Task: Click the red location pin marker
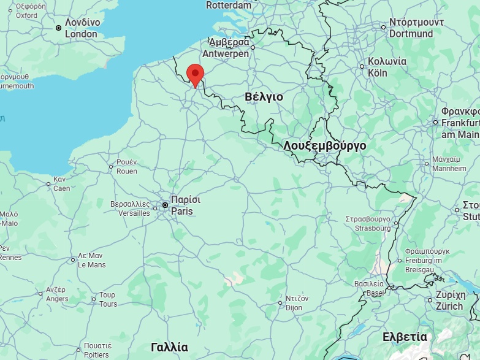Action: click(x=195, y=74)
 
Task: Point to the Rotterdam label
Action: click(x=229, y=5)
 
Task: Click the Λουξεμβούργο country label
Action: click(x=325, y=146)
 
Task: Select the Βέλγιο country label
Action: click(x=264, y=97)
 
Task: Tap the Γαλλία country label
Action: click(x=169, y=347)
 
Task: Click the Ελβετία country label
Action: click(x=405, y=337)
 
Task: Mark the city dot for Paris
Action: click(x=165, y=205)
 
